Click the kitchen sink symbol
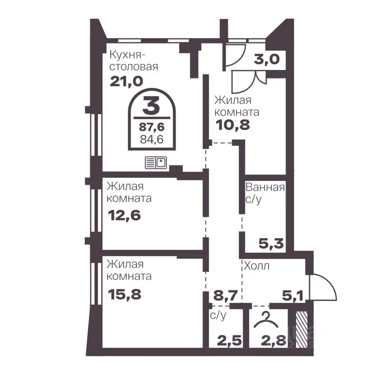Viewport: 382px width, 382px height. pos(156,162)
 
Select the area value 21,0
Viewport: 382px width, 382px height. pos(126,81)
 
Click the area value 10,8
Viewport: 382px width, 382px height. pos(233,125)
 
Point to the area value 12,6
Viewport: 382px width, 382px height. pos(124,215)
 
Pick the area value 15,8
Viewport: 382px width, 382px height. pos(125,294)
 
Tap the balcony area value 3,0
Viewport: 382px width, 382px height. pos(267,59)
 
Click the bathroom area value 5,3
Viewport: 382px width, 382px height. pos(271,244)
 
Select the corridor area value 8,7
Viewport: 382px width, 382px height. pos(225,296)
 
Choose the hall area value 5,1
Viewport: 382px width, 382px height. pos(292,296)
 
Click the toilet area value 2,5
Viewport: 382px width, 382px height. pos(229,341)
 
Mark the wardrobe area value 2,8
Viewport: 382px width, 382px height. pos(273,341)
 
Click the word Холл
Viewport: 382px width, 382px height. pos(257,266)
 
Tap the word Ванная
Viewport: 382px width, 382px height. pos(265,187)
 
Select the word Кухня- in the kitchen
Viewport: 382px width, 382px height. pos(127,55)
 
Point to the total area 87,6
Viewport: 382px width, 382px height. pos(152,127)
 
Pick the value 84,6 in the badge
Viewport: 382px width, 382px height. pos(152,139)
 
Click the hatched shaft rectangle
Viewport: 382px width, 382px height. pos(301,329)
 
